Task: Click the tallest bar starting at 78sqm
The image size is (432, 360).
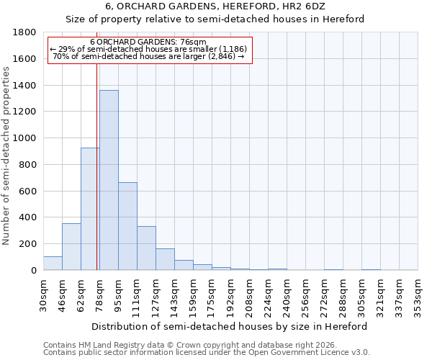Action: pos(109,180)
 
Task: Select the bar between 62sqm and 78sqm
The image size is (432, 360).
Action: pos(90,209)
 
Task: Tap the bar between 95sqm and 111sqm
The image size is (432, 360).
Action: pos(127,226)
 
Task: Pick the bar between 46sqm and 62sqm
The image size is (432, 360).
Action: pos(71,247)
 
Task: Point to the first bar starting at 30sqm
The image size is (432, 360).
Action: pos(53,264)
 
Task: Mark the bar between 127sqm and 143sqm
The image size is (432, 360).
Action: pos(165,259)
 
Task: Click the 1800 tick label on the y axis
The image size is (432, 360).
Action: pos(25,32)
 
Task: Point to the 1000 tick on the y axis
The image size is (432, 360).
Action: pos(25,138)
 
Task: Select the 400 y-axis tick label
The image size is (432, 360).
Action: pos(28,217)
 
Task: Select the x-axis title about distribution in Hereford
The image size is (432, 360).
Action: pos(230,326)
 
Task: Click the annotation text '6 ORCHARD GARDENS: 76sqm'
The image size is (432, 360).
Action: pos(150,42)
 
